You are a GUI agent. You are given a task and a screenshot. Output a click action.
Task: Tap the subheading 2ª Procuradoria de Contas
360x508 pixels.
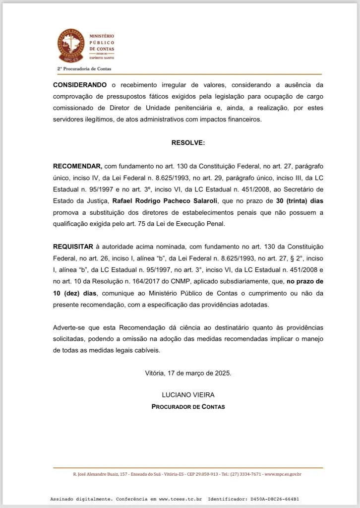coord(84,68)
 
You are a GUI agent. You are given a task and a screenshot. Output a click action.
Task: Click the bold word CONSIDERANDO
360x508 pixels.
coord(79,85)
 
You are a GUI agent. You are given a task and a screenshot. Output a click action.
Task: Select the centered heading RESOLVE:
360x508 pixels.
coord(188,142)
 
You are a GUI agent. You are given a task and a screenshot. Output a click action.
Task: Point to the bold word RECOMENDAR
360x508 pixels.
coord(77,166)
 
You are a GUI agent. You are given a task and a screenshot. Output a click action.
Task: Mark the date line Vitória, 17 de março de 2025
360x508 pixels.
coord(188,373)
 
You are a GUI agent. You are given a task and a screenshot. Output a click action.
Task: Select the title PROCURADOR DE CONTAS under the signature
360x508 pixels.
coord(188,407)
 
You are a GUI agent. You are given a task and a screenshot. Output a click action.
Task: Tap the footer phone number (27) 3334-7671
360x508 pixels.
coord(245,474)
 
